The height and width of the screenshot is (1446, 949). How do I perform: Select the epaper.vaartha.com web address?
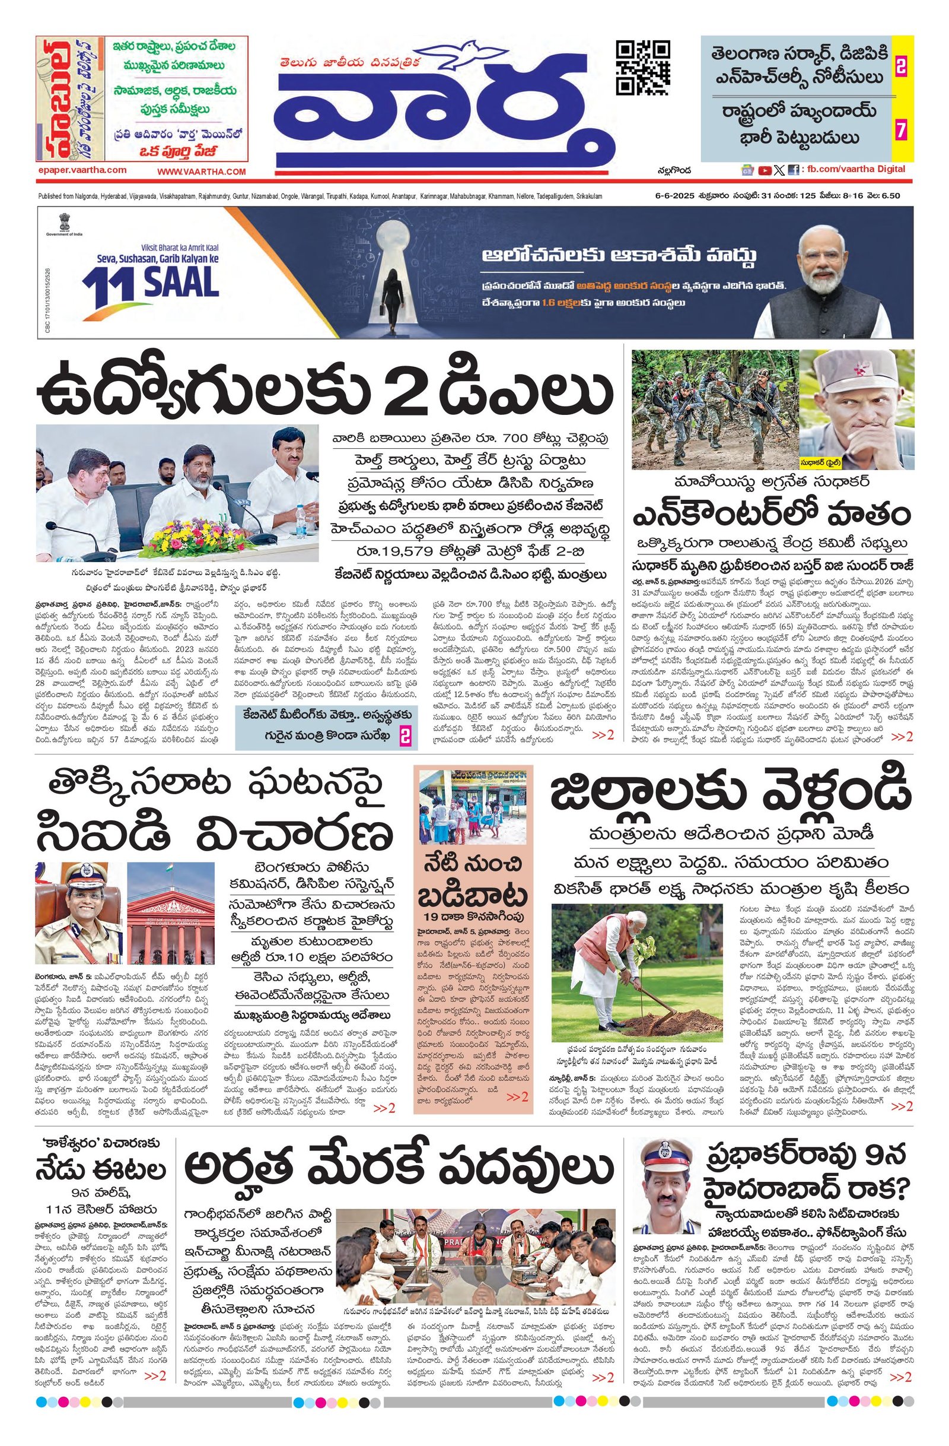tap(81, 170)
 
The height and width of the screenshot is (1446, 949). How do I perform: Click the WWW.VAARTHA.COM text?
tap(202, 172)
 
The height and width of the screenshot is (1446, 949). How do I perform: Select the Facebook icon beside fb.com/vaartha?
tap(793, 171)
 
